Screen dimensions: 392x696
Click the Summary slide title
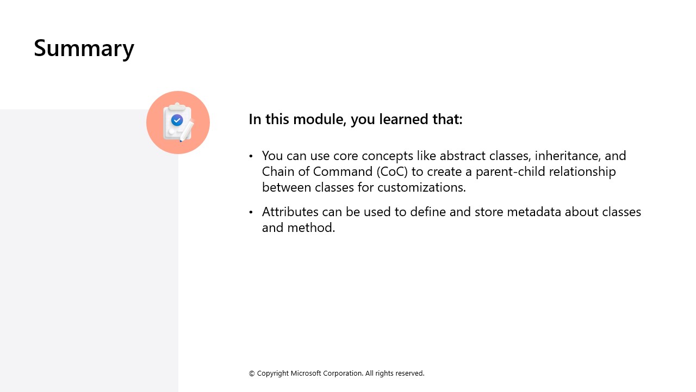coord(84,48)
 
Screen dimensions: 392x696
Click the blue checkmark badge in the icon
coord(177,120)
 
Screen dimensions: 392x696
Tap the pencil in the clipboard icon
coord(187,131)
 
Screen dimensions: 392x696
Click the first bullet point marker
coord(251,156)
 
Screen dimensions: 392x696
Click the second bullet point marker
coord(251,212)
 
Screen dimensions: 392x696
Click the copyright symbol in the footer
coord(252,373)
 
